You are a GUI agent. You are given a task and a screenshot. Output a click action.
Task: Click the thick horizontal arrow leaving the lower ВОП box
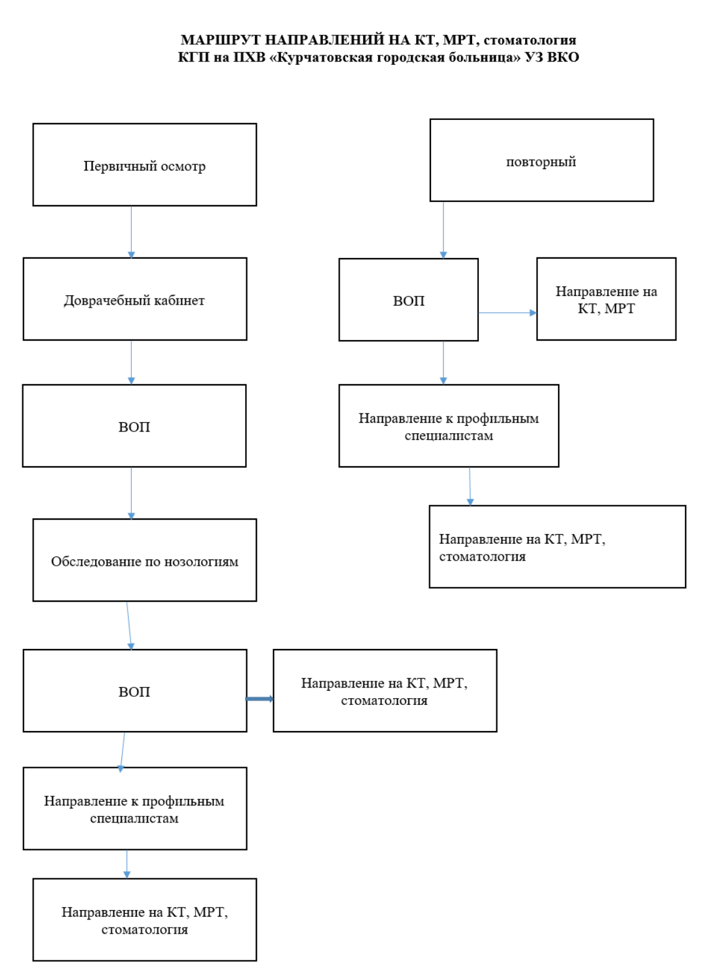coord(260,699)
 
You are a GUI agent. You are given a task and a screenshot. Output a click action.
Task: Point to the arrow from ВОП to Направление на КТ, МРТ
coord(508,313)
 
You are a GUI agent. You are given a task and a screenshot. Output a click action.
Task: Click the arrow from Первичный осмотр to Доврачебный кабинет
coord(131,232)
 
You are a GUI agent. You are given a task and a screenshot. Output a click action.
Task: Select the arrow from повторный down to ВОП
coord(443,230)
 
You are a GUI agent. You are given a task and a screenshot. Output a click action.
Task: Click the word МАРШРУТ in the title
coord(221,40)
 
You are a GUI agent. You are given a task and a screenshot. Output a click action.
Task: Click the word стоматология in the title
coord(529,40)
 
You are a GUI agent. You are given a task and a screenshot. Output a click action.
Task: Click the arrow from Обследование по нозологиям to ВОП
coord(129,625)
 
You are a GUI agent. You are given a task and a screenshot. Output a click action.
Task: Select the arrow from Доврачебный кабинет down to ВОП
coord(131,362)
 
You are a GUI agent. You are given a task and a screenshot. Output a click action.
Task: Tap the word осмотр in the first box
coord(183,167)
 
